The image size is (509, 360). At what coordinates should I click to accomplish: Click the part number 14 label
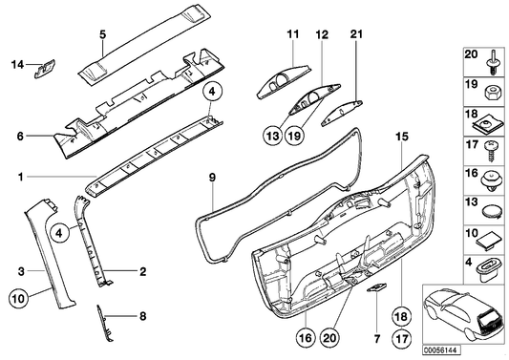point(15,65)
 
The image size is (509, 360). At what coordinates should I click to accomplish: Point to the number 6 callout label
point(17,137)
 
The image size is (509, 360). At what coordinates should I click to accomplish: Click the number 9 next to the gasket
point(213,178)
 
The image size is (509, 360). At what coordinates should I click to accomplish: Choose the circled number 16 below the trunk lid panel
point(305,336)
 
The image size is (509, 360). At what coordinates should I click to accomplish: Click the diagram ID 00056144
point(481,349)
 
